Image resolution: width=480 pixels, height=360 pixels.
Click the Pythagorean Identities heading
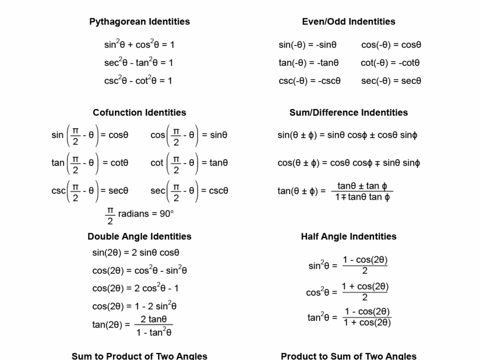click(140, 22)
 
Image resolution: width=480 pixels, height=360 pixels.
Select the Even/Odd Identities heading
click(349, 22)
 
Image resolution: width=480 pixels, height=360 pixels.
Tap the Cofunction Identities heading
click(140, 112)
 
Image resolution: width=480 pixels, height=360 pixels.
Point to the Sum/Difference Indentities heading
click(349, 112)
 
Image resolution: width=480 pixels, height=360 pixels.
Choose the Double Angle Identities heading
click(140, 236)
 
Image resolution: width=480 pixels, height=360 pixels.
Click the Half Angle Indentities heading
click(349, 236)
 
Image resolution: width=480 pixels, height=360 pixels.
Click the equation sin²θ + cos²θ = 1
click(139, 45)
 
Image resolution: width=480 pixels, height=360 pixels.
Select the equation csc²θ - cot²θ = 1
click(138, 81)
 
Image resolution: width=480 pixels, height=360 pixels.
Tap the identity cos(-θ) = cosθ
click(391, 45)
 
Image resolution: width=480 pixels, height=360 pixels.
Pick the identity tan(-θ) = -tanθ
click(309, 63)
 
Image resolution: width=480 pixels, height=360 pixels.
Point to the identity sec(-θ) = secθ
click(391, 81)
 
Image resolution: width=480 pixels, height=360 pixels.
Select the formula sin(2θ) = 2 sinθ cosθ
click(136, 253)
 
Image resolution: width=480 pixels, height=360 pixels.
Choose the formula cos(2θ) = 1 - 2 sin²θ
click(134, 306)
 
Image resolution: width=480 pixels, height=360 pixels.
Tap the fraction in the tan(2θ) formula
click(154, 326)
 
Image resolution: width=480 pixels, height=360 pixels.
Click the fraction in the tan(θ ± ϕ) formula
click(363, 191)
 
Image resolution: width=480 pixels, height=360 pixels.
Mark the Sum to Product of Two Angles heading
click(140, 356)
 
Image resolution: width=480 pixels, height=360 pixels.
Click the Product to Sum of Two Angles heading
click(349, 356)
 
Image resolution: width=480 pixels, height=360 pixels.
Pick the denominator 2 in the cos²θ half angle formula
click(365, 297)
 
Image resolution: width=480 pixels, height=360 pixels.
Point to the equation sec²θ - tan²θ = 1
click(139, 63)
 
